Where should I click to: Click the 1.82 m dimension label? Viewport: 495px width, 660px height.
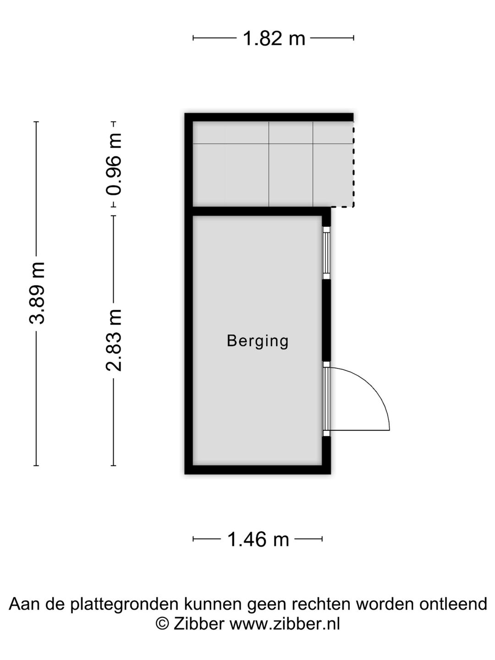(274, 38)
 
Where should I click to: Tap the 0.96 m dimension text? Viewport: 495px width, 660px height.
(114, 164)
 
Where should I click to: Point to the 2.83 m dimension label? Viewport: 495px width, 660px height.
(114, 339)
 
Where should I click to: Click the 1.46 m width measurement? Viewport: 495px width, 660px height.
(258, 539)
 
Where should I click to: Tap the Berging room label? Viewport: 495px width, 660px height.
(258, 341)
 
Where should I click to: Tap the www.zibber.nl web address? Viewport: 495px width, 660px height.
(285, 624)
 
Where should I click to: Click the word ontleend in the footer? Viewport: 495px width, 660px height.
(453, 604)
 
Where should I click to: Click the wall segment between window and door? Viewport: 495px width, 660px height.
(326, 320)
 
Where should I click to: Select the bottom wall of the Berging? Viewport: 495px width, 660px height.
(258, 469)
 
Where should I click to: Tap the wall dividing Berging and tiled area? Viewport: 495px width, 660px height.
(258, 211)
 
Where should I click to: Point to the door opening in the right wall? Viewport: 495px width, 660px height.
(326, 399)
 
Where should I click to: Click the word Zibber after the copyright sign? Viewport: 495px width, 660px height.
(199, 624)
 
